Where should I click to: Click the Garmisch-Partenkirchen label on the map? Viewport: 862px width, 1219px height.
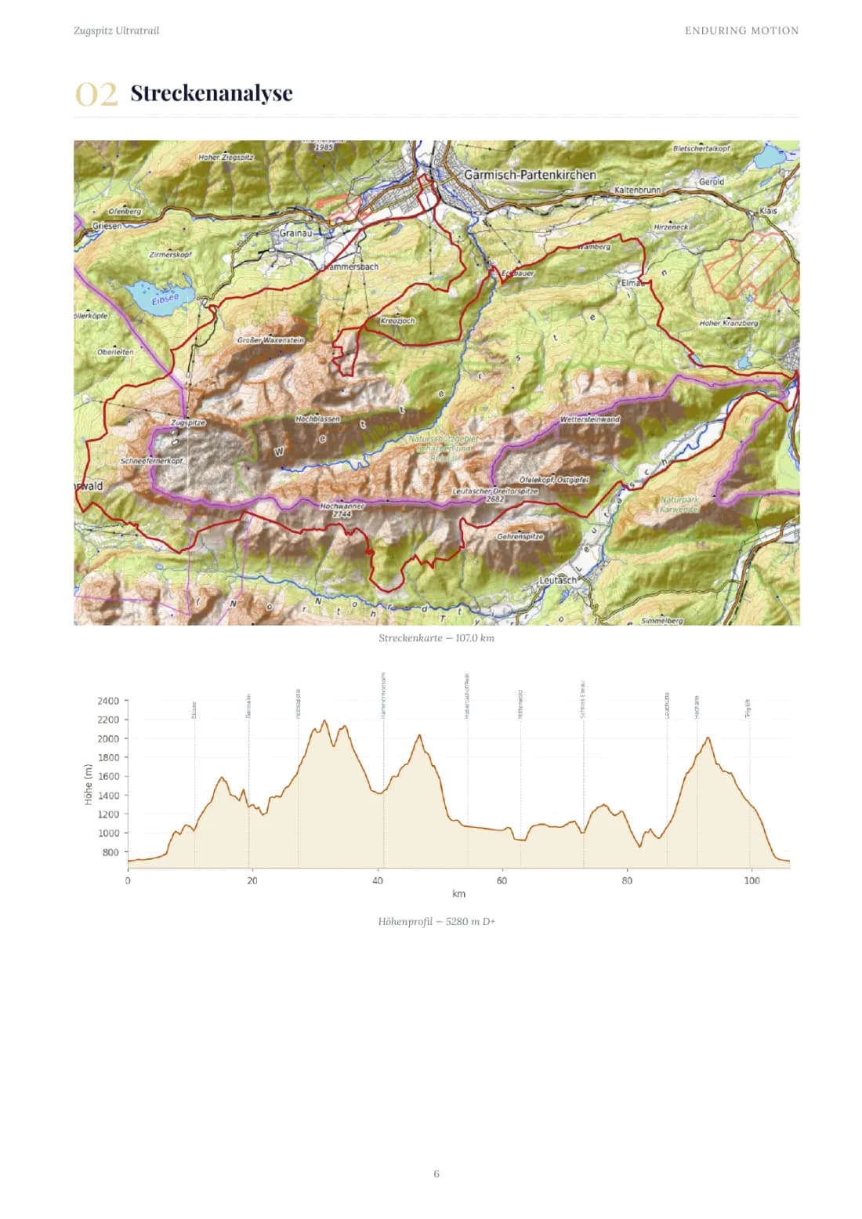pos(530,175)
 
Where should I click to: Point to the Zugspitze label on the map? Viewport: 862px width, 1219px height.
pos(188,423)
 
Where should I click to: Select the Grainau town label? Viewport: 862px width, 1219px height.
pos(295,234)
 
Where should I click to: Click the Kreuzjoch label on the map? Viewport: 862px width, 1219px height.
pos(397,321)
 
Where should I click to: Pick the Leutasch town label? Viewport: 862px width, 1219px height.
pos(558,581)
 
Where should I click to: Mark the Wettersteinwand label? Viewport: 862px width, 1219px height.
pos(589,419)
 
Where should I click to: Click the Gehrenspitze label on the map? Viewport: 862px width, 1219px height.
pos(520,537)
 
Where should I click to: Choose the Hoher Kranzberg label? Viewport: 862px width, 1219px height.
pos(728,323)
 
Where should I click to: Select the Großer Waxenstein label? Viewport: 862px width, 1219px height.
pos(270,340)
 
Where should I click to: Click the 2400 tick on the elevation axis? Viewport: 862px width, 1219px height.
pos(108,701)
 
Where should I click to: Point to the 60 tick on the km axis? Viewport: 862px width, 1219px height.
pos(502,880)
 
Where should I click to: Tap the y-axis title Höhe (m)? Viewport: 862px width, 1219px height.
pos(89,784)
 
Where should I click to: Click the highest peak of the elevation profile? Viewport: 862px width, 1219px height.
pos(324,720)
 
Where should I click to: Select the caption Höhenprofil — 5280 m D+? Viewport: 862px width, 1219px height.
pos(436,921)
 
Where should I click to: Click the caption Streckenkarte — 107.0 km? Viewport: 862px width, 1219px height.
pos(436,638)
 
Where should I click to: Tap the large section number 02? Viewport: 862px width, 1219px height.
pos(96,94)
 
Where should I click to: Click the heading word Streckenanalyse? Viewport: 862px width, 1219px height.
pos(212,93)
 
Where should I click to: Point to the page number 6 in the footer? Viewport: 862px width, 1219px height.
pos(436,1174)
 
